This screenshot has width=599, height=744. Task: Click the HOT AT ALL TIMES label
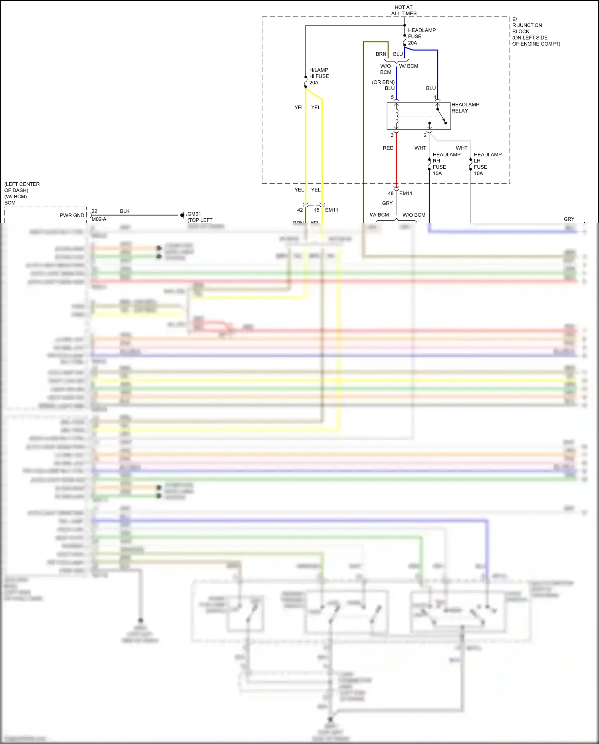coord(403,10)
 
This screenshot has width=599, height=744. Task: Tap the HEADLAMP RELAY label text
coord(465,108)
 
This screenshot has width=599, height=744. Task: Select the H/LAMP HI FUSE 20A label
coord(319,76)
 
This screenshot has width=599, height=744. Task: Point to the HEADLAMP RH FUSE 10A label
coord(446,164)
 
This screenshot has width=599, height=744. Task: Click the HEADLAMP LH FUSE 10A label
coord(487,164)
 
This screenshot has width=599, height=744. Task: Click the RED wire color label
coord(388,148)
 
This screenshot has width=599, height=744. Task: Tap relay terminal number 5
coord(392,97)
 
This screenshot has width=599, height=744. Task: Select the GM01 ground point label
coord(194,214)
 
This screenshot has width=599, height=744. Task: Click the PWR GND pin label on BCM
coord(72,215)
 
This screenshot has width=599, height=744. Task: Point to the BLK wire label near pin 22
coord(125,211)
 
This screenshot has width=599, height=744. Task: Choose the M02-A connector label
coord(99,219)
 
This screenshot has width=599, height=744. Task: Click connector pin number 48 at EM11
coord(391,193)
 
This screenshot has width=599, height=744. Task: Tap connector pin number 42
coord(300,210)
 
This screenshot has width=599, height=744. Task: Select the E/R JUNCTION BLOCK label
coord(535,31)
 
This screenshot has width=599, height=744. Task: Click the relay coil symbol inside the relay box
coord(397,116)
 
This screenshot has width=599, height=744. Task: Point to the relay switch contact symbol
coord(441,116)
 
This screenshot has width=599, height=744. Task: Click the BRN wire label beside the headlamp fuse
coord(381,54)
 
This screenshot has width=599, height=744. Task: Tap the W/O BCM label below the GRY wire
coord(414,215)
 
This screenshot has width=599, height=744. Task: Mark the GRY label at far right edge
coord(569,219)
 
